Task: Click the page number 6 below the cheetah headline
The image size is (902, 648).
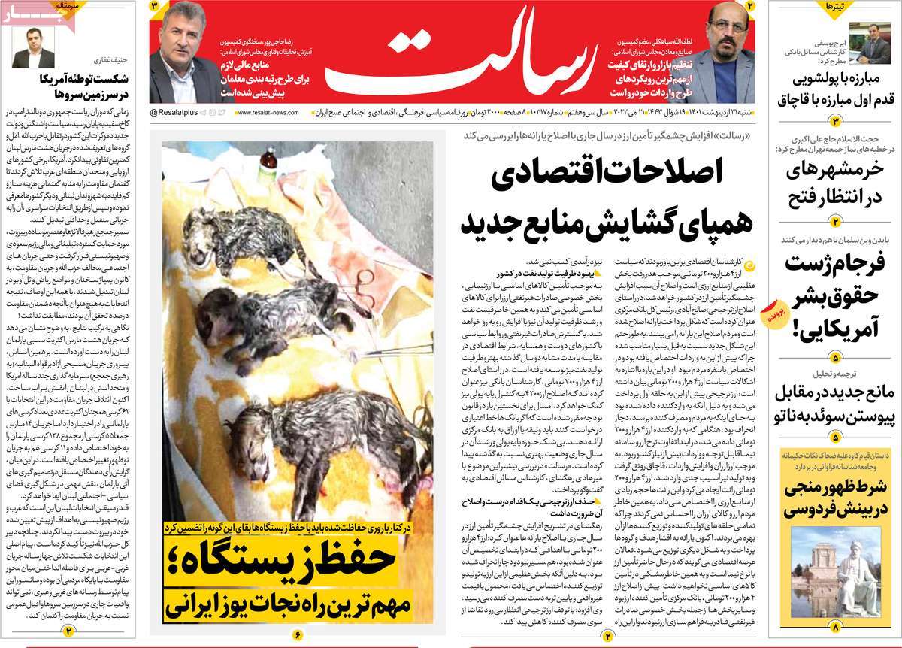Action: point(298,634)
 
